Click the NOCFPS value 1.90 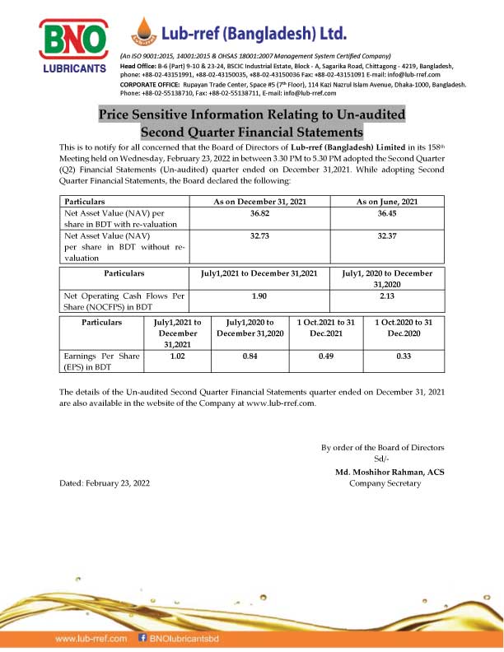tap(259, 294)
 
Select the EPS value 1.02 tap(175, 356)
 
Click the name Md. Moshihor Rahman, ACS tap(385, 472)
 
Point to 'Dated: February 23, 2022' tap(105, 483)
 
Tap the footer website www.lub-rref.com tap(90, 638)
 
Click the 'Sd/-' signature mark tap(380, 459)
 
